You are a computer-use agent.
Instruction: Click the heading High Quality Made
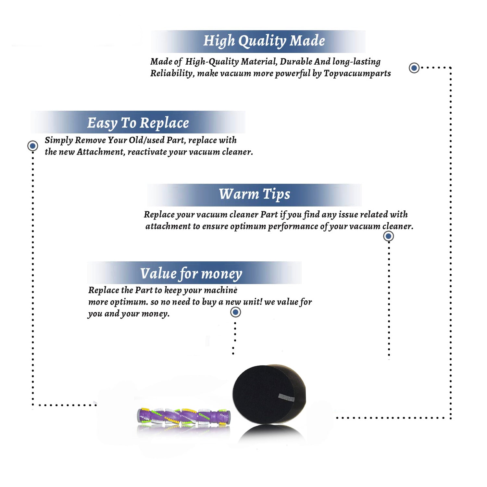click(x=264, y=41)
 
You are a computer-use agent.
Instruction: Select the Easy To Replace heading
click(x=138, y=123)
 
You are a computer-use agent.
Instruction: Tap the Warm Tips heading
click(x=255, y=194)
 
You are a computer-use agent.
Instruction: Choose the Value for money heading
click(x=191, y=274)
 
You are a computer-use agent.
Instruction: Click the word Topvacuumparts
click(x=357, y=73)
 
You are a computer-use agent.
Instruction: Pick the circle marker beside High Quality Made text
click(x=414, y=68)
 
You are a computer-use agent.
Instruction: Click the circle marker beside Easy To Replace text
click(x=32, y=146)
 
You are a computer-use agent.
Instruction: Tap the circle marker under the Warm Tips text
click(x=389, y=236)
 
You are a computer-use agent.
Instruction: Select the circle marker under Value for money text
click(x=235, y=312)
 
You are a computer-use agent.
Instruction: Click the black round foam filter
click(x=269, y=394)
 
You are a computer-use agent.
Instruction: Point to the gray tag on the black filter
click(x=286, y=397)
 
